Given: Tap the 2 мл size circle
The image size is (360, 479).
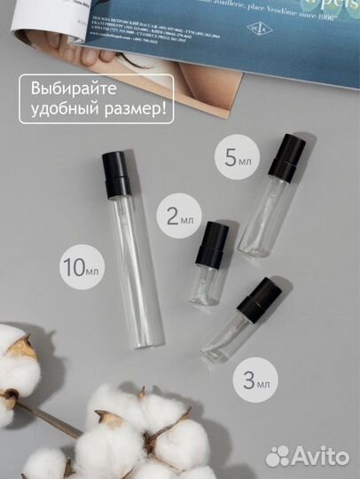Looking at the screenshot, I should tap(176, 216).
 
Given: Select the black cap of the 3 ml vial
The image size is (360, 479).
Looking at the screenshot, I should tap(259, 301).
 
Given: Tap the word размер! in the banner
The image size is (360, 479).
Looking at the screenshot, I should tap(137, 113).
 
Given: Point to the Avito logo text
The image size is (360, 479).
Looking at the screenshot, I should tap(323, 456).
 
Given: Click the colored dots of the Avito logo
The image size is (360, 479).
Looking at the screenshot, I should tap(278, 456).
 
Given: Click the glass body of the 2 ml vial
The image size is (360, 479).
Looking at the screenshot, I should tap(205, 284).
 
